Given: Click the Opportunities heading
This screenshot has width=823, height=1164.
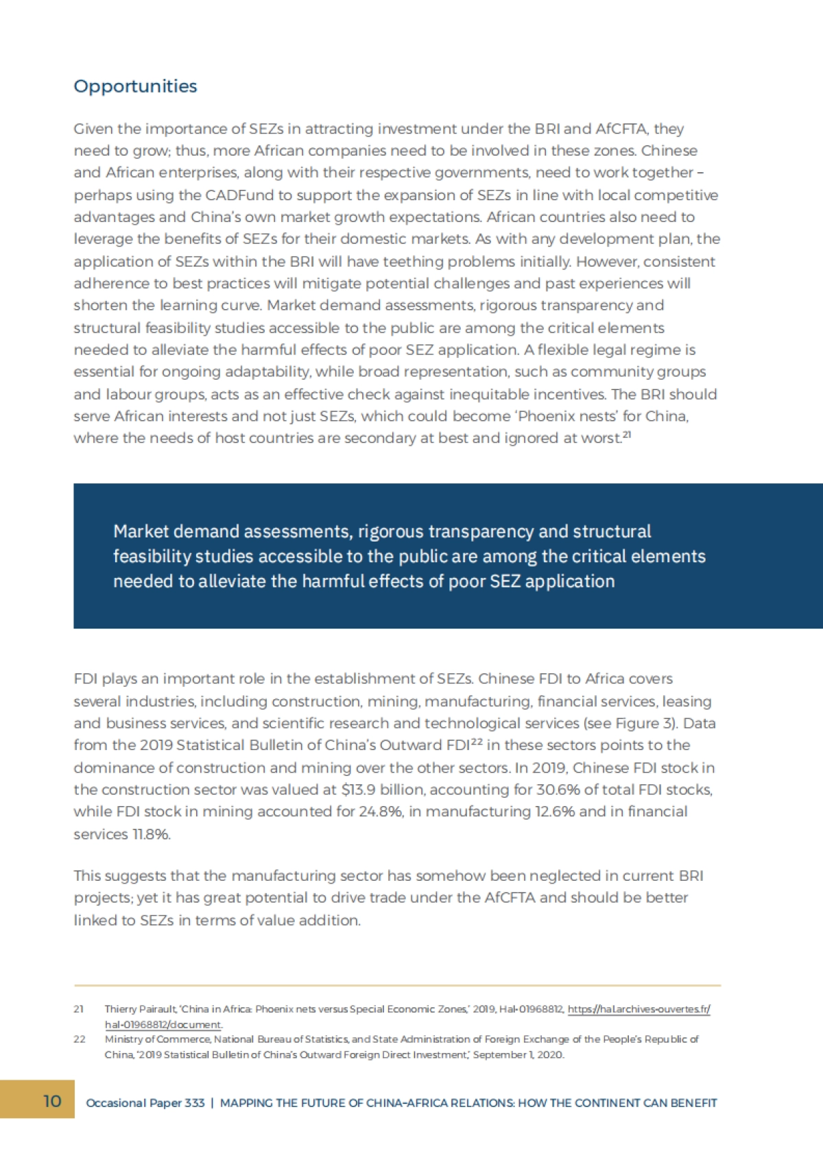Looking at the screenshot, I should pyautogui.click(x=135, y=86).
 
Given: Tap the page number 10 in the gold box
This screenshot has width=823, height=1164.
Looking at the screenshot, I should pyautogui.click(x=52, y=1101).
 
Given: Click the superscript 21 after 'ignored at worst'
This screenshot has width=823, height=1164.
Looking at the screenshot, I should pyautogui.click(x=626, y=434).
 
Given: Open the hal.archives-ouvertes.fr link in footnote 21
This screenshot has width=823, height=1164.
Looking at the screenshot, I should pyautogui.click(x=639, y=1010).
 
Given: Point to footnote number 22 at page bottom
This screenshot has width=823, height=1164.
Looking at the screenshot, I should pyautogui.click(x=80, y=1039).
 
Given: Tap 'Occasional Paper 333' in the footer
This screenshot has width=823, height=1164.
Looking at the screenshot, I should pyautogui.click(x=145, y=1103).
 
